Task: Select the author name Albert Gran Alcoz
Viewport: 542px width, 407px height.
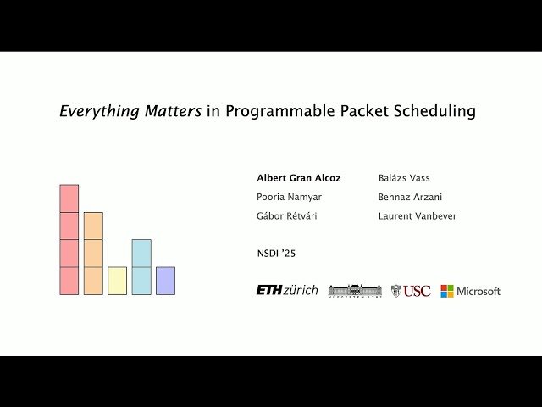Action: click(x=298, y=178)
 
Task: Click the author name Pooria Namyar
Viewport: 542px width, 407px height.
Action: click(x=289, y=197)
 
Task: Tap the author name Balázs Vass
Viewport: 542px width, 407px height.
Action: click(x=404, y=178)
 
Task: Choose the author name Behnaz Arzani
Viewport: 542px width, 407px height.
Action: click(x=410, y=197)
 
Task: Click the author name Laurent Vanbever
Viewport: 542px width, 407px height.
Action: click(x=417, y=215)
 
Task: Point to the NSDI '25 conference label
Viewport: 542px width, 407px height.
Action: click(x=276, y=254)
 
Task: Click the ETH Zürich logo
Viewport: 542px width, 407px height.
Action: click(x=287, y=291)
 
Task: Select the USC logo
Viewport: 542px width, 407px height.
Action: click(x=411, y=291)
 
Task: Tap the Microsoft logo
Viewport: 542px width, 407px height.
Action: click(x=470, y=291)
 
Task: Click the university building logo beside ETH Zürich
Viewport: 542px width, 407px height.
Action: click(x=355, y=291)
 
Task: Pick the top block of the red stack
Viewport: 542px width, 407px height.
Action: click(x=69, y=198)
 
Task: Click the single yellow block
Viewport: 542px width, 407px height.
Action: click(x=117, y=281)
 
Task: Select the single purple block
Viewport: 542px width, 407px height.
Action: click(x=165, y=281)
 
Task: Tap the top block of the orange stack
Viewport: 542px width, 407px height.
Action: click(x=93, y=226)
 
